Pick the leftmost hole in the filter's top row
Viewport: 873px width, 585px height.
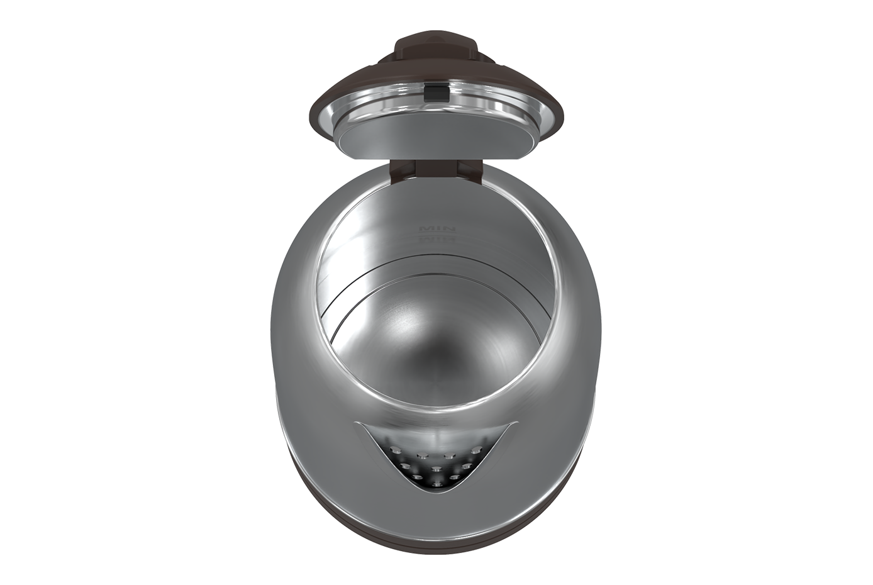(396, 449)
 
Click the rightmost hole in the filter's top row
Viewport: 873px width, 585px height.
(476, 449)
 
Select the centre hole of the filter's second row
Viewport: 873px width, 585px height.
(436, 469)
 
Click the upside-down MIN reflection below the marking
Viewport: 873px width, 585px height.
(436, 240)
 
